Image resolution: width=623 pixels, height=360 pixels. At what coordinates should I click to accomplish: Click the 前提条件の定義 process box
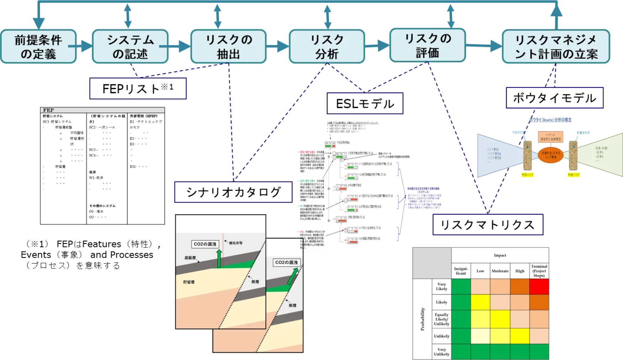[x=38, y=47]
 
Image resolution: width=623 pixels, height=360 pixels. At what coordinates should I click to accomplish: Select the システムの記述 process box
[x=130, y=47]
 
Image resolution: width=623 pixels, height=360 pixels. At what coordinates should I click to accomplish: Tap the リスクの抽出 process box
[x=229, y=47]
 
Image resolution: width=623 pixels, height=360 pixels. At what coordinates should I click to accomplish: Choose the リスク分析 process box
[x=327, y=47]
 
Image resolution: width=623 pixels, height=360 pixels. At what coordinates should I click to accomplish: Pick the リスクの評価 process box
[x=427, y=45]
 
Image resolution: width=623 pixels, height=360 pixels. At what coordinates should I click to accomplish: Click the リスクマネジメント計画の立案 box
[x=556, y=47]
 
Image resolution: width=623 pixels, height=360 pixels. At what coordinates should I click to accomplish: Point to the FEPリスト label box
[x=138, y=88]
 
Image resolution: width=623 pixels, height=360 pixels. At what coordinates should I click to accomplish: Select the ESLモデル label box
[x=365, y=103]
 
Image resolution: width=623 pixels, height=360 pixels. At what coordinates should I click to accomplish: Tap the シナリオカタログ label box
[x=233, y=192]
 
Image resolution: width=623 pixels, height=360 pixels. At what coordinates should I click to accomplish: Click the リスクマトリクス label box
[x=488, y=225]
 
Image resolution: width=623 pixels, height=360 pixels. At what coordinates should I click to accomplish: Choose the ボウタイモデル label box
[x=554, y=98]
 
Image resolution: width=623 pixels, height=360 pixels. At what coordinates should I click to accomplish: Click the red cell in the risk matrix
[x=539, y=286]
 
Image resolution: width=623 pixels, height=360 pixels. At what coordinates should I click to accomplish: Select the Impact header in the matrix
[x=500, y=255]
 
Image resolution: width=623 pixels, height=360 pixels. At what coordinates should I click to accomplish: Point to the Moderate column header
[x=500, y=271]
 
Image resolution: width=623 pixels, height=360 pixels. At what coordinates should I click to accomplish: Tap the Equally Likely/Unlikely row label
[x=442, y=319]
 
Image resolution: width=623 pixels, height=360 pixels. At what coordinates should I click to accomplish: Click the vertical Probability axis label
[x=422, y=319]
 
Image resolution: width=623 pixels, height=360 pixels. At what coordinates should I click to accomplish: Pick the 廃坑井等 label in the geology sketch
[x=235, y=243]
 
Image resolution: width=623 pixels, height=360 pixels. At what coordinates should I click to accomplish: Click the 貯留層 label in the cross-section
[x=189, y=282]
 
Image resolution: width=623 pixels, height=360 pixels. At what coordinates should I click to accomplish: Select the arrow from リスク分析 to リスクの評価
[x=378, y=45]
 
